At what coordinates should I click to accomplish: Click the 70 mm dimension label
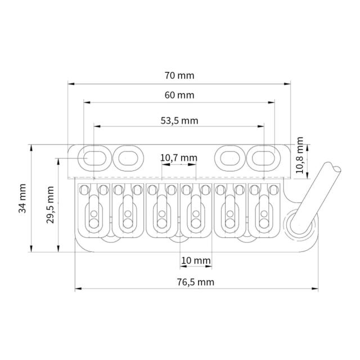[x=179, y=75]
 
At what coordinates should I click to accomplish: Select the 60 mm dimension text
[x=179, y=95]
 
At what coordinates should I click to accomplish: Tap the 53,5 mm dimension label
[x=179, y=121]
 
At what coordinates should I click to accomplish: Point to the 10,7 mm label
[x=179, y=158]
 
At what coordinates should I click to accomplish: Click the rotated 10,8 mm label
[x=299, y=155]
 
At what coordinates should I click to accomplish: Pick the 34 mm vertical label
[x=22, y=199]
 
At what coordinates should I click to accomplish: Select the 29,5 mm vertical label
[x=50, y=205]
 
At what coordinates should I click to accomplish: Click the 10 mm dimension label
[x=196, y=260]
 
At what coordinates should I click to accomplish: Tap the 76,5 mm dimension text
[x=196, y=282]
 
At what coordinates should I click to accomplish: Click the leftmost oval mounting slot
[x=94, y=159]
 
